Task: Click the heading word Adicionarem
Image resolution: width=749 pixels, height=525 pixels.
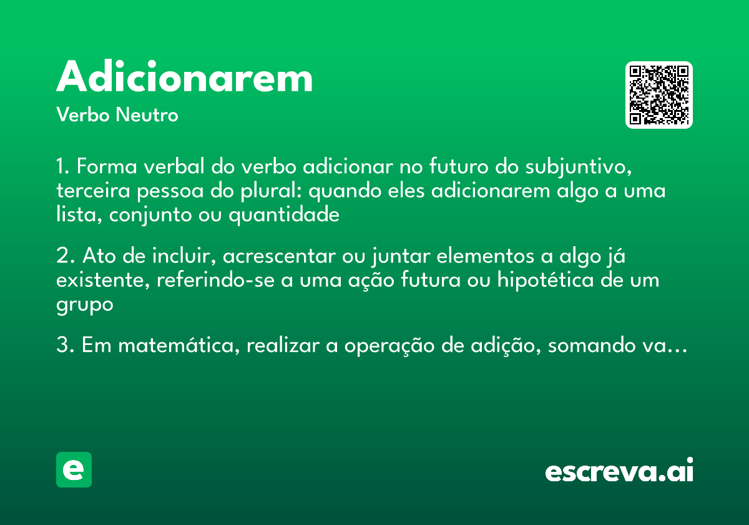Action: pyautogui.click(x=184, y=78)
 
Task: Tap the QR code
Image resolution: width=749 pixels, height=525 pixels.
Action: pyautogui.click(x=658, y=95)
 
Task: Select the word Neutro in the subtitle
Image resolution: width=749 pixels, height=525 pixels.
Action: pyautogui.click(x=147, y=116)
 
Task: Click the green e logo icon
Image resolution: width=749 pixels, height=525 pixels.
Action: pyautogui.click(x=74, y=469)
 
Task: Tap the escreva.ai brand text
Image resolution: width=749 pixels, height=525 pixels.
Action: pyautogui.click(x=619, y=471)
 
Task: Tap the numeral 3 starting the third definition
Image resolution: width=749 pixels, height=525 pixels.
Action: pyautogui.click(x=61, y=346)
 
